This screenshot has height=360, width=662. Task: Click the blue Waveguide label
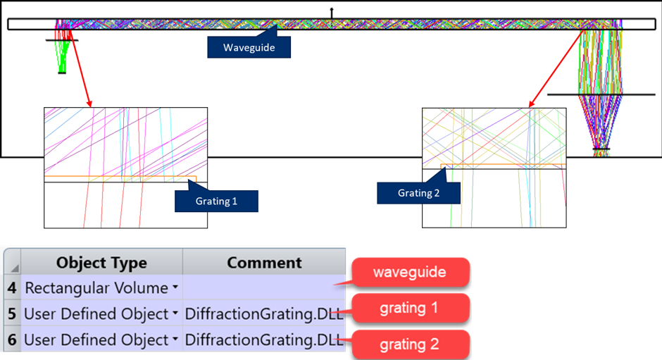[248, 47]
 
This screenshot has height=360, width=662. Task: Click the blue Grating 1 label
[216, 201]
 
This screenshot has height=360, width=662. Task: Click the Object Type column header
[101, 263]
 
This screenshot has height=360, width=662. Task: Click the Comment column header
[264, 263]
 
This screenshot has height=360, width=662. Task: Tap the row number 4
[12, 287]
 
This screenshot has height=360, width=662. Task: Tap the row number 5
[12, 314]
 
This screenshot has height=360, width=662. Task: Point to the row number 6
[12, 340]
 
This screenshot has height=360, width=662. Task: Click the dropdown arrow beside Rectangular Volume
[173, 287]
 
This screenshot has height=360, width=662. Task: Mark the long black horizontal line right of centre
[585, 94]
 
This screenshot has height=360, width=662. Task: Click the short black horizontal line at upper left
[62, 40]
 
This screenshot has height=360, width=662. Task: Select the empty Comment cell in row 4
[264, 287]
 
